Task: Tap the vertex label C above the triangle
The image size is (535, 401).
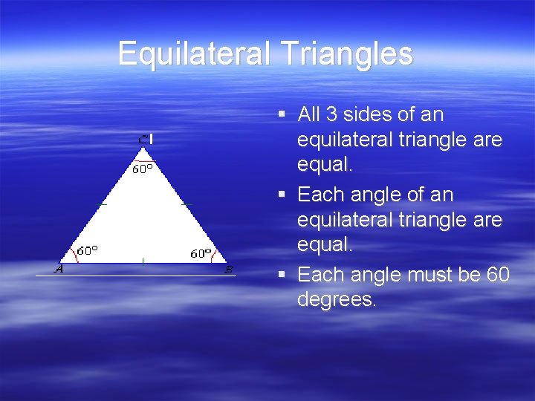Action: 143,139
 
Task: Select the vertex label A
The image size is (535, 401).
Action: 59,269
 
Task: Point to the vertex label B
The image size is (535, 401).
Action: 229,270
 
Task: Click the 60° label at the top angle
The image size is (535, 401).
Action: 143,169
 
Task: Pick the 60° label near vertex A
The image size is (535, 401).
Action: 88,250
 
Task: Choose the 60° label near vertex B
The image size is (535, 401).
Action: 201,253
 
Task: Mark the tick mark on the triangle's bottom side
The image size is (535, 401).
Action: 143,261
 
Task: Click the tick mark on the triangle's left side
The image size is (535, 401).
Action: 103,203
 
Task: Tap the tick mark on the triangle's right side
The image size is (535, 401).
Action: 186,203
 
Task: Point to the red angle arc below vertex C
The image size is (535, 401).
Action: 144,160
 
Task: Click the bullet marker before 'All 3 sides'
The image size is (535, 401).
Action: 282,115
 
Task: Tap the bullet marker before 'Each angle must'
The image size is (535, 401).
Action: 282,276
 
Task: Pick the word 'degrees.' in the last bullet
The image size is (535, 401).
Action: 337,299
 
